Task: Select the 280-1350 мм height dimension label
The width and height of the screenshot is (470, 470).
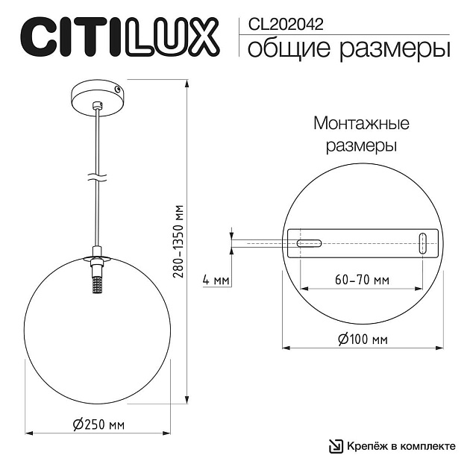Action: [x=178, y=241]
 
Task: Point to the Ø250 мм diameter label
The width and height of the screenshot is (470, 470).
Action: [x=98, y=424]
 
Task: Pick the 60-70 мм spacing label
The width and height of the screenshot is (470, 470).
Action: [x=362, y=281]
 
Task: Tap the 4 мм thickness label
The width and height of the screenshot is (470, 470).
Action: [x=216, y=281]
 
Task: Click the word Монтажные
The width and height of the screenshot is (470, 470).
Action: [x=362, y=123]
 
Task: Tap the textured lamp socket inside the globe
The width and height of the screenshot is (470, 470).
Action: [x=95, y=283]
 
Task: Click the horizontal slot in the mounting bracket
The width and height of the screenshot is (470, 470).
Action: [x=309, y=243]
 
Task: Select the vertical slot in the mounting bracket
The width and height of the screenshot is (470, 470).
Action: [x=423, y=243]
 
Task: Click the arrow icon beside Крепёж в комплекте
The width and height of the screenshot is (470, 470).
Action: [x=335, y=446]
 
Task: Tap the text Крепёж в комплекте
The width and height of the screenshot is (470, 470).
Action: [x=401, y=446]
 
